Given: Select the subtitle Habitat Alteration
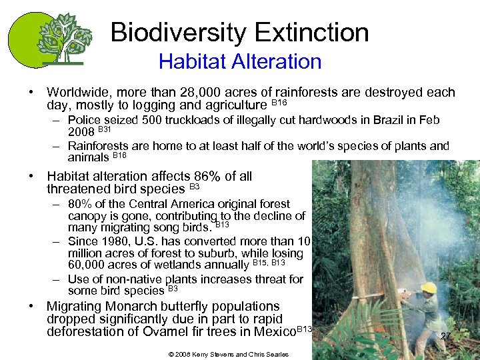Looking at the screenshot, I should (240, 62).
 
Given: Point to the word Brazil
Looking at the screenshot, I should (375, 121).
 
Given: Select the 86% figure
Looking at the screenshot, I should (207, 176).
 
